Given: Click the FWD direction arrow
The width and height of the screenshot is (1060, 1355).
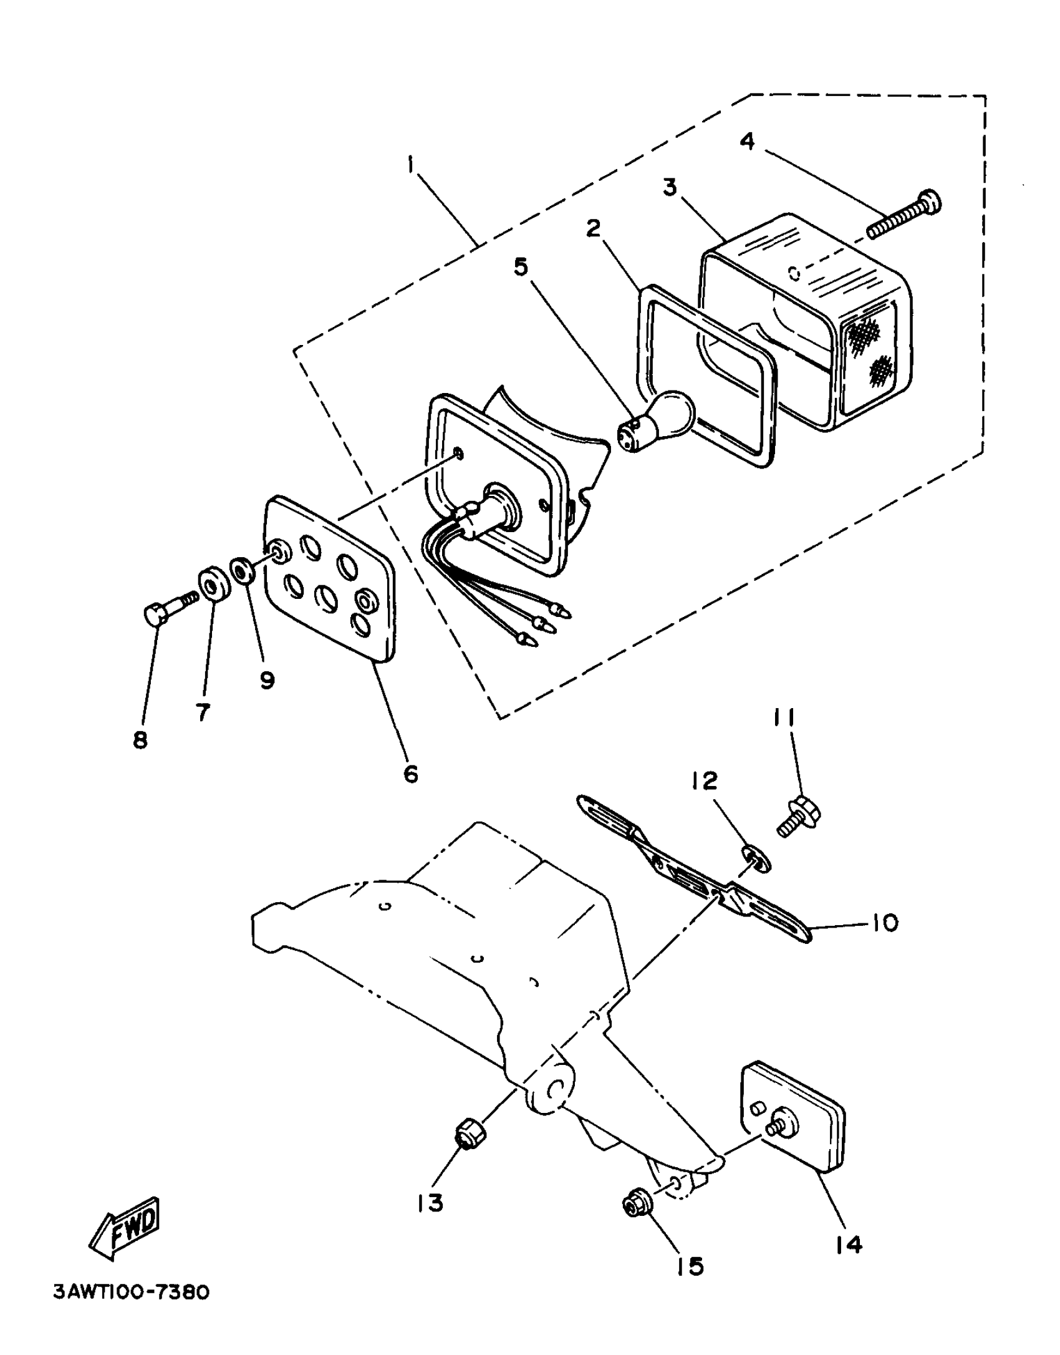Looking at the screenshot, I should (126, 1225).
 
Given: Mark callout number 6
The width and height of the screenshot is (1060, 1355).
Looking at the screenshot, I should (411, 774).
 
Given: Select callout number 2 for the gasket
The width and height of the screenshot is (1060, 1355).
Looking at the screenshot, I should (594, 228).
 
